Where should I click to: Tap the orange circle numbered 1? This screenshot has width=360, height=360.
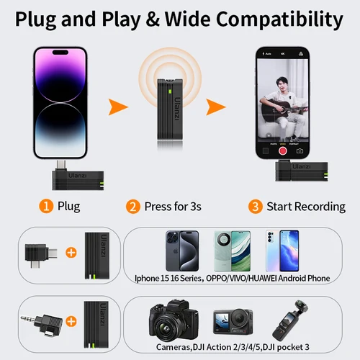pyautogui.click(x=45, y=207)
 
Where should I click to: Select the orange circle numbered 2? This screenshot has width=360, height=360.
pyautogui.click(x=132, y=207)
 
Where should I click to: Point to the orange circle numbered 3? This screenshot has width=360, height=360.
pyautogui.click(x=255, y=207)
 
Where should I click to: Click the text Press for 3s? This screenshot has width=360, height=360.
pyautogui.click(x=173, y=207)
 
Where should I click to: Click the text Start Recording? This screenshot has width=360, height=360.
pyautogui.click(x=306, y=207)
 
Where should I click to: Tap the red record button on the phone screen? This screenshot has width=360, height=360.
pyautogui.click(x=283, y=150)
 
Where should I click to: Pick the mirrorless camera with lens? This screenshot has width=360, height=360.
pyautogui.click(x=174, y=320)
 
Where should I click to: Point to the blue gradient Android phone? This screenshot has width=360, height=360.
pyautogui.click(x=282, y=250)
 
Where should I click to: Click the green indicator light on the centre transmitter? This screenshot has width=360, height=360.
pyautogui.click(x=167, y=91)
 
